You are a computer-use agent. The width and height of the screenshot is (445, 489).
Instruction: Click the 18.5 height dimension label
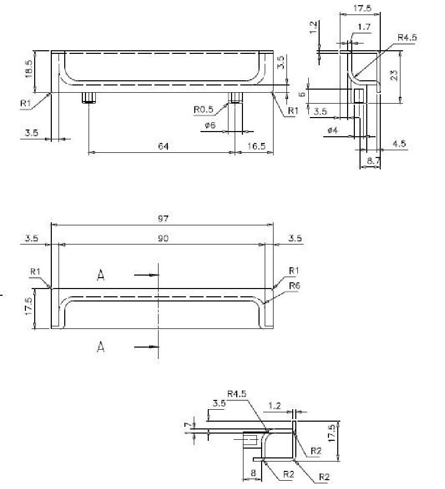pyautogui.click(x=28, y=68)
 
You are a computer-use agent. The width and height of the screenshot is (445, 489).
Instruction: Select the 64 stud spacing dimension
pyautogui.click(x=163, y=146)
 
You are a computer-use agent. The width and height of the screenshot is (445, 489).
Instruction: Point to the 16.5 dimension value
pyautogui.click(x=256, y=146)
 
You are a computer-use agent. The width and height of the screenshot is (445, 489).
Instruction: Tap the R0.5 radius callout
pyautogui.click(x=203, y=109)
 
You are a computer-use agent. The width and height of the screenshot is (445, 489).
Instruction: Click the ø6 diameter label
pyautogui.click(x=210, y=125)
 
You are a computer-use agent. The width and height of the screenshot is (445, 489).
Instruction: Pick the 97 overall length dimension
pyautogui.click(x=163, y=218)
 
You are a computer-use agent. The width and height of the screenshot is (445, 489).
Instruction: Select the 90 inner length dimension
pyautogui.click(x=163, y=238)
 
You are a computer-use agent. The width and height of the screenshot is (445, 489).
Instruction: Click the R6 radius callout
pyautogui.click(x=295, y=285)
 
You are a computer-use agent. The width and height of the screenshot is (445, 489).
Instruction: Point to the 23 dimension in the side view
pyautogui.click(x=394, y=76)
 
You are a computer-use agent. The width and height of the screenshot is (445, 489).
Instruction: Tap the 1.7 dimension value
pyautogui.click(x=364, y=27)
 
